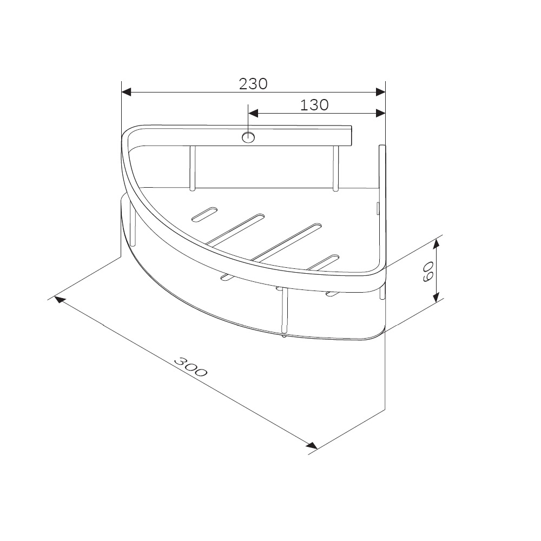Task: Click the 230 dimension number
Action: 253,84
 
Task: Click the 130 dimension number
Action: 314,105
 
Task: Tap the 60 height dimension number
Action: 428,272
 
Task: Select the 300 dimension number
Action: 190,367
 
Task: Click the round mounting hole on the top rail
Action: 248,137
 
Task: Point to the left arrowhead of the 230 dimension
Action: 126,92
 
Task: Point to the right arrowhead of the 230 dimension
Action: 380,92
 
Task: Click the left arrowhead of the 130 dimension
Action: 253,113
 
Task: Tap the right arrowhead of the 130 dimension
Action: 380,113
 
